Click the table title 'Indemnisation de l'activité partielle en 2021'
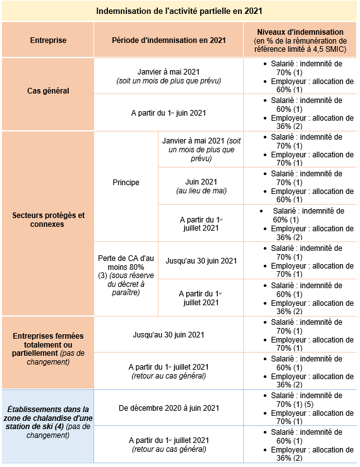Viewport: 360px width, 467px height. point(179,11)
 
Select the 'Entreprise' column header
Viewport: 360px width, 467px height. point(48,40)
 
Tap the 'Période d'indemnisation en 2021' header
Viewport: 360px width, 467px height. point(169,40)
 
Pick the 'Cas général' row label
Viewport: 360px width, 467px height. point(48,90)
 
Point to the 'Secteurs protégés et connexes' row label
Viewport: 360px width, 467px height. point(48,219)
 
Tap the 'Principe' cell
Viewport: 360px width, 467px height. point(126,183)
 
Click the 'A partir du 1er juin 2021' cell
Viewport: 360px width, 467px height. point(169,113)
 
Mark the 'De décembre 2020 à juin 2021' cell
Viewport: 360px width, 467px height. point(169,408)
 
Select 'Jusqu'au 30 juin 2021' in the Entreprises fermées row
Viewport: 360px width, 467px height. point(169,334)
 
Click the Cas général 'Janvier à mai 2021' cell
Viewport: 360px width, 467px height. point(169,76)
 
